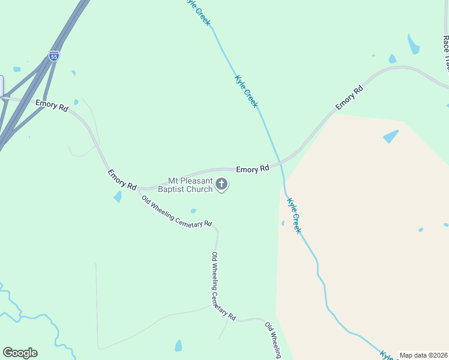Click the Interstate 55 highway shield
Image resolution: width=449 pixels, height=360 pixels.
54,56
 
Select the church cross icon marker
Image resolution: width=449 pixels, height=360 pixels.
221,184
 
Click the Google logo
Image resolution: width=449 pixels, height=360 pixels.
20,353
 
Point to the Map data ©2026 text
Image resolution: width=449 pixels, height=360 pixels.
424,355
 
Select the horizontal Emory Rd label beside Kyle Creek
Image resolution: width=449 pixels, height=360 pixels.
252,170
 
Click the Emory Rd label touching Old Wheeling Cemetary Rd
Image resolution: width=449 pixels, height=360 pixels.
122,179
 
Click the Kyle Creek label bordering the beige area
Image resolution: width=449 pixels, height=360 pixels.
294,215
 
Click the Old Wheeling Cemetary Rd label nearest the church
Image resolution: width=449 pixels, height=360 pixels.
176,211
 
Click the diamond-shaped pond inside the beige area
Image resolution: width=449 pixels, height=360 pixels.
391,136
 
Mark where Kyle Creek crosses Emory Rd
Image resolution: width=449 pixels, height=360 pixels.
279,163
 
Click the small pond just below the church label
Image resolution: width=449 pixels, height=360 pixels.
193,211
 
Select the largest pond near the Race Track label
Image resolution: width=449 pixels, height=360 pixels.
413,44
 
